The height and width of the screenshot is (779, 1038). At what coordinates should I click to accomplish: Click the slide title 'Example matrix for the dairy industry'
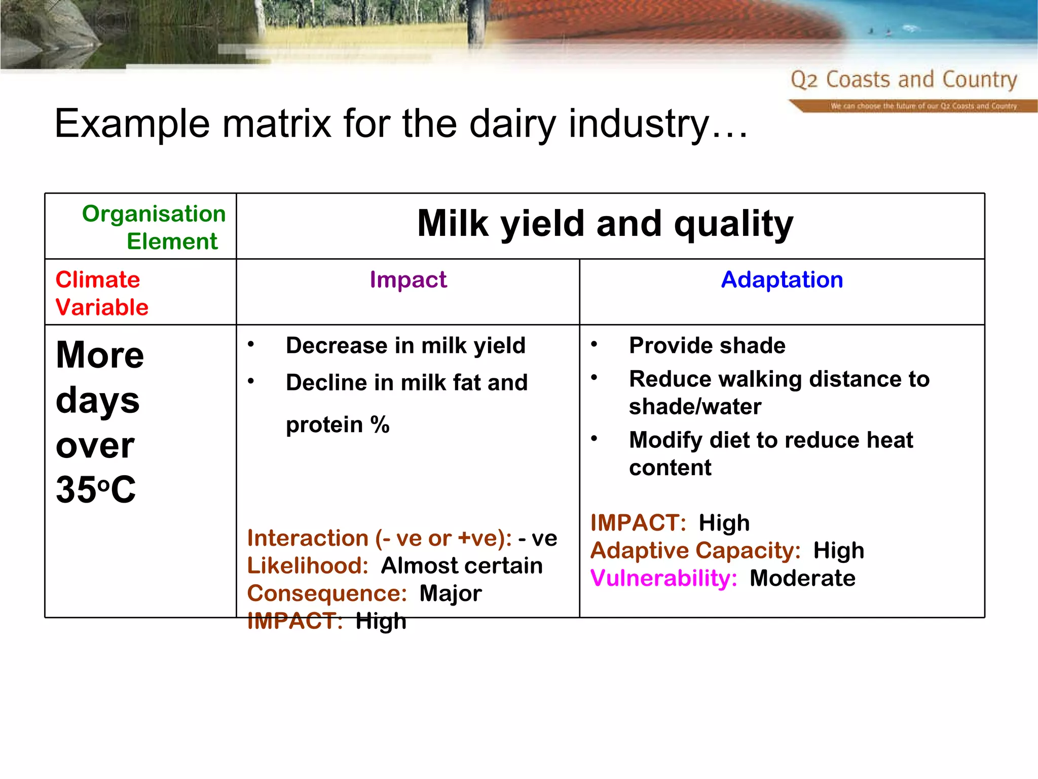tap(400, 124)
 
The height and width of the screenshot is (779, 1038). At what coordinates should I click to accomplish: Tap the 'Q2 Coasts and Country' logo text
tap(904, 80)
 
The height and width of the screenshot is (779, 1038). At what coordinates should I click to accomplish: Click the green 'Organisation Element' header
tap(154, 227)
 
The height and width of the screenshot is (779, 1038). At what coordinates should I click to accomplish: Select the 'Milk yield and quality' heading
tap(605, 224)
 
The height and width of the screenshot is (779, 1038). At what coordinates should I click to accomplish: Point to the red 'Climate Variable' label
tap(102, 294)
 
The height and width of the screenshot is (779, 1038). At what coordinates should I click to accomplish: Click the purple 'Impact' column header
tap(408, 280)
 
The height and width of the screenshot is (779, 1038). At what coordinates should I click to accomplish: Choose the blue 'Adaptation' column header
tap(782, 280)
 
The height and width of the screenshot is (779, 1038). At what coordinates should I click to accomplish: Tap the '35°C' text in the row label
tap(96, 490)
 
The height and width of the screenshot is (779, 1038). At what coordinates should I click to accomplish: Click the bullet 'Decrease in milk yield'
tap(405, 346)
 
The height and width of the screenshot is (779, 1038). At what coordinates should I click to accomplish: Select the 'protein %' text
tap(338, 424)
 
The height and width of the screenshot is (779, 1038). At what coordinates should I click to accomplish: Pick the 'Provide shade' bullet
tap(707, 346)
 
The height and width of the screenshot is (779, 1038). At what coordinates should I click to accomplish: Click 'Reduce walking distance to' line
tap(779, 379)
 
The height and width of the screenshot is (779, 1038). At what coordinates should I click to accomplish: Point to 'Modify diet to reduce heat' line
tap(770, 440)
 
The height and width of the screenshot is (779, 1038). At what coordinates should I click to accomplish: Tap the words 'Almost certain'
tap(462, 566)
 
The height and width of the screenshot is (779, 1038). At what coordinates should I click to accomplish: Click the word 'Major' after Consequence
tap(451, 593)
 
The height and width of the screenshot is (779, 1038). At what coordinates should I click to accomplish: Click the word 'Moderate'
tap(802, 578)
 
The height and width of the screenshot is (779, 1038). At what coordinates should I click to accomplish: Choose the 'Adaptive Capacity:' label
tap(695, 551)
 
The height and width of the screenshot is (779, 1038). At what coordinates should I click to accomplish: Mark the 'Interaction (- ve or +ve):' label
tap(379, 539)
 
